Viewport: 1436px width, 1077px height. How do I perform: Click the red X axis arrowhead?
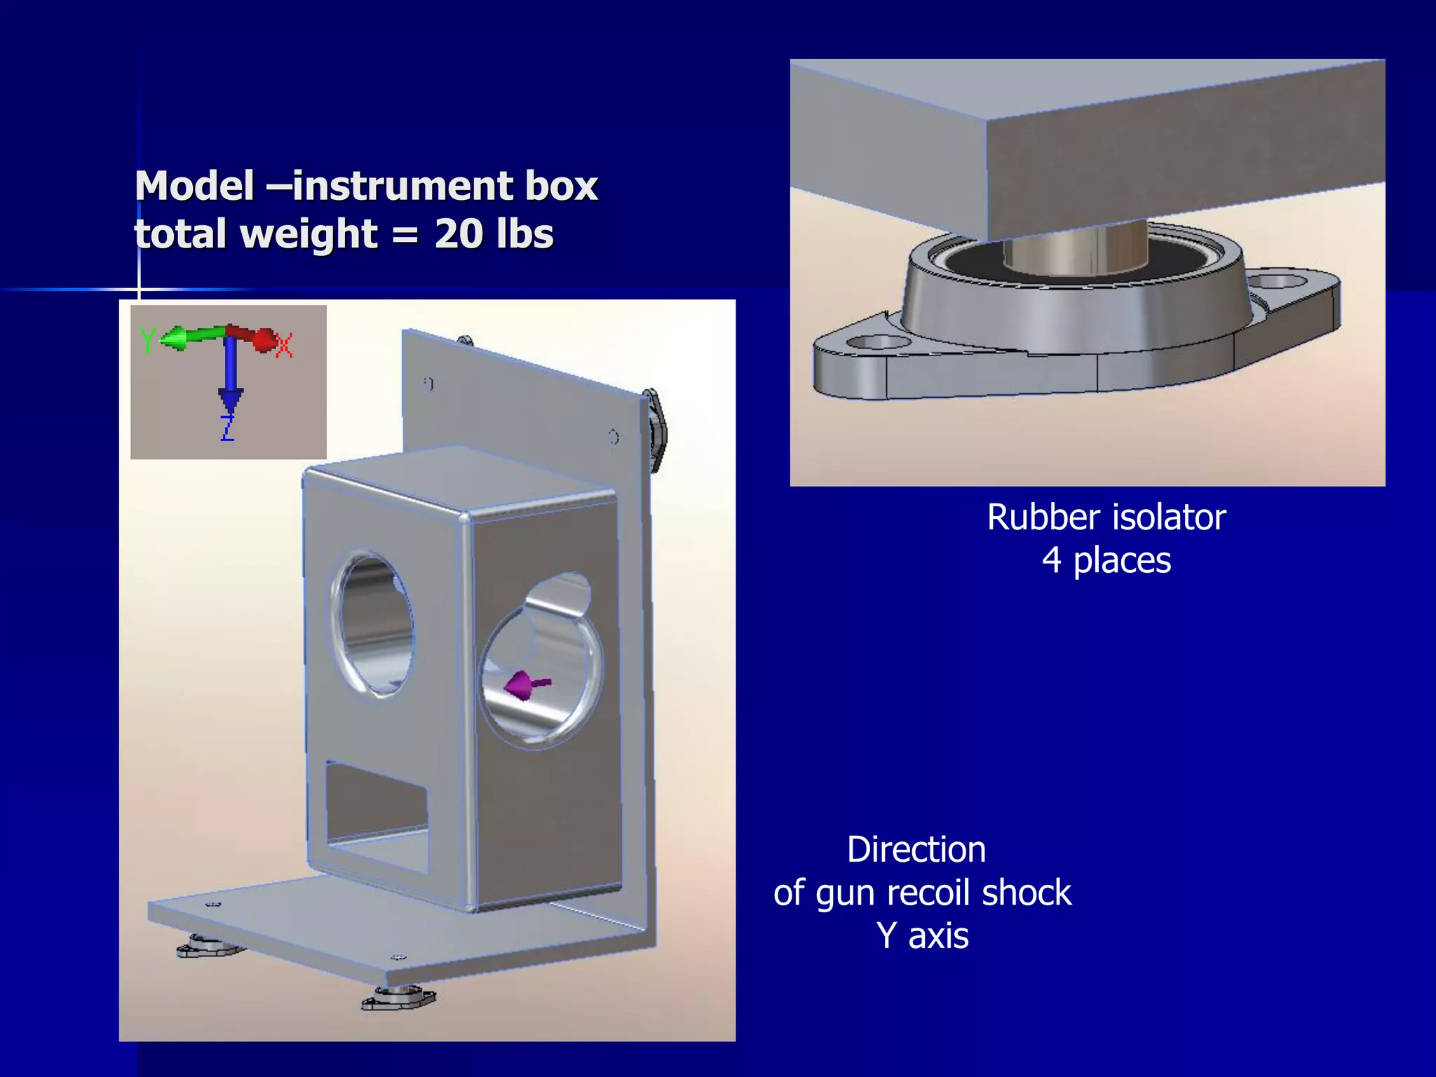265,340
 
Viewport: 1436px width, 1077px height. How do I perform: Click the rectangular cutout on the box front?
377,816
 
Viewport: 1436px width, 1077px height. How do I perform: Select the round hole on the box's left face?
373,622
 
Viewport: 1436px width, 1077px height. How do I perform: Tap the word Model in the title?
194,186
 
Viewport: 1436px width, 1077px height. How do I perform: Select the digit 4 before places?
1051,560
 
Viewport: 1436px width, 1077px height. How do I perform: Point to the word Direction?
916,849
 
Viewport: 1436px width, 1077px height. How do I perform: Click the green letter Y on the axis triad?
147,341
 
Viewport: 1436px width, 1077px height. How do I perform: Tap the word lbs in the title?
524,233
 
